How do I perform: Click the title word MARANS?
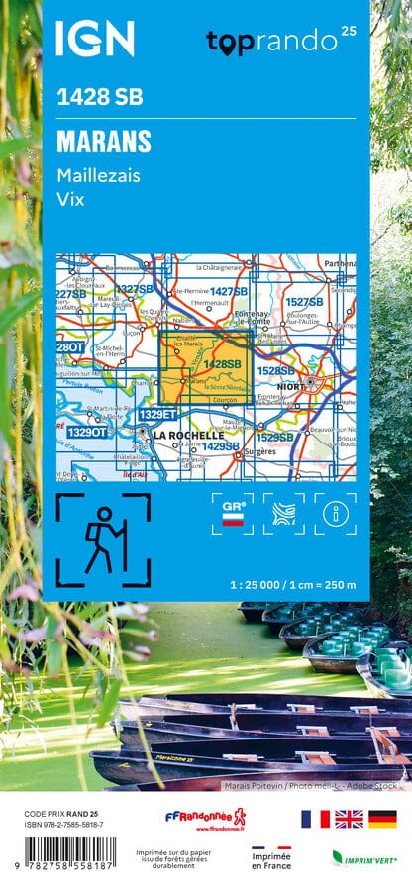click(x=104, y=142)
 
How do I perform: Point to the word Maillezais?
click(x=98, y=175)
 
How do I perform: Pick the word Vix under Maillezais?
click(x=69, y=199)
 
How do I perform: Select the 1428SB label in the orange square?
click(x=222, y=364)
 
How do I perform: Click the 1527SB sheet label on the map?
click(x=304, y=302)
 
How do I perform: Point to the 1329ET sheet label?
click(x=157, y=414)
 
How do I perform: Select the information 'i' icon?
click(x=335, y=513)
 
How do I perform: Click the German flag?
click(x=383, y=818)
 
